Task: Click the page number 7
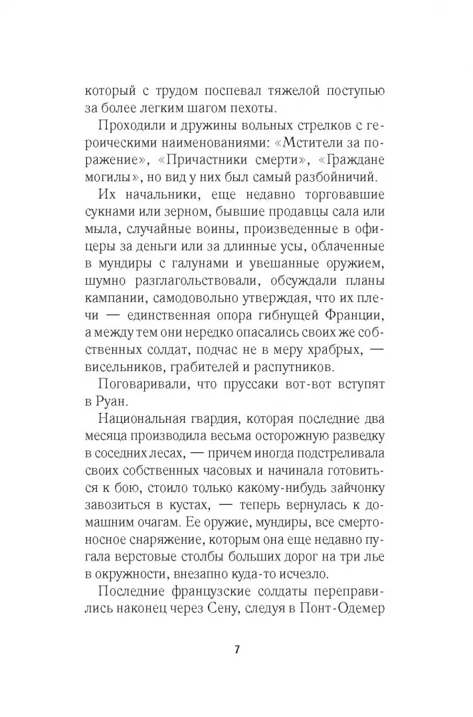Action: coord(236,649)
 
